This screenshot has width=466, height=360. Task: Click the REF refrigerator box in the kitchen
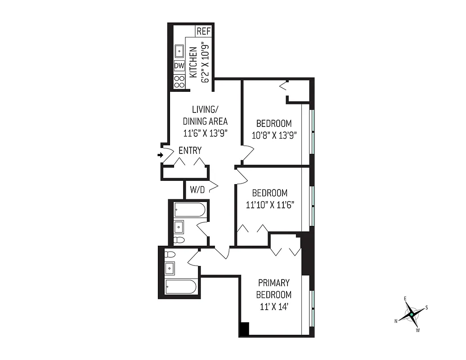click(x=203, y=31)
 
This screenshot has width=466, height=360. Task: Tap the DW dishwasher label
click(x=179, y=66)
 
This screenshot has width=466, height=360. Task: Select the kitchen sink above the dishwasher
click(x=179, y=52)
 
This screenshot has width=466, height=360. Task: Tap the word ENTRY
click(x=190, y=151)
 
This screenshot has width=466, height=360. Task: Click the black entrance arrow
click(x=160, y=155)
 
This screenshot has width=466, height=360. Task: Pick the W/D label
click(x=197, y=190)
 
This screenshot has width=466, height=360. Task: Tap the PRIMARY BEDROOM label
click(x=273, y=289)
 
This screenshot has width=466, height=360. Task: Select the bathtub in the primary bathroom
click(x=180, y=287)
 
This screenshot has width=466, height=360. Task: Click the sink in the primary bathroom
click(x=170, y=269)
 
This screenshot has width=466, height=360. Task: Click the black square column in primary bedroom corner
click(x=244, y=329)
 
